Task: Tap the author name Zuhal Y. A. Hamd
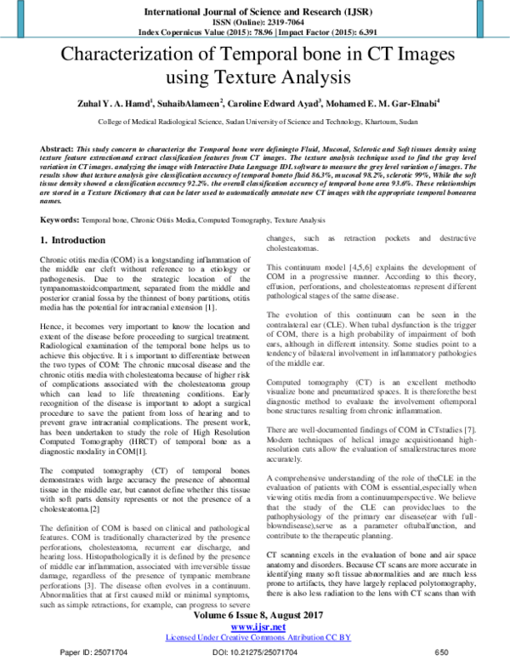point(127,104)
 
